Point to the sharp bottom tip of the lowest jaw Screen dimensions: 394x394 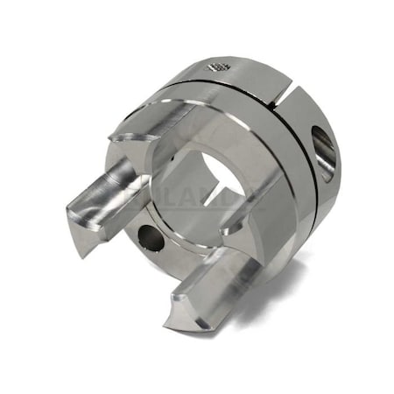click(202, 327)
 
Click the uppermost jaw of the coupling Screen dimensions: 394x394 click(153, 123)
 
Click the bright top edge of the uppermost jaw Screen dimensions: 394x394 click(149, 107)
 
